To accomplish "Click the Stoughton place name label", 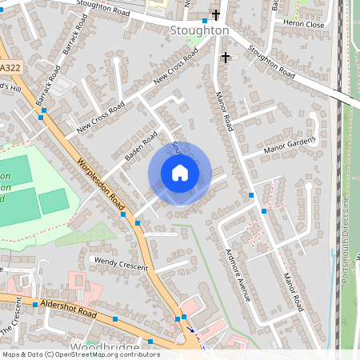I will (x=199, y=30).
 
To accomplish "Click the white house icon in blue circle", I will (x=179, y=172).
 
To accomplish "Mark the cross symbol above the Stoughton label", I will (x=215, y=15).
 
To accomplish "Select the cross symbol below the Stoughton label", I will (x=225, y=57).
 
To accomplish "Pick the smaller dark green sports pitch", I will (x=54, y=201).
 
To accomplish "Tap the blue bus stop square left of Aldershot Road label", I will (x=35, y=304).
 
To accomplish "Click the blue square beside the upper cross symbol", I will (x=205, y=20).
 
